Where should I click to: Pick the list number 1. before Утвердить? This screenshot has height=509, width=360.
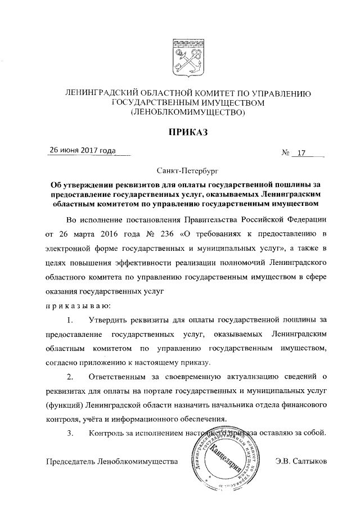[x=70, y=320]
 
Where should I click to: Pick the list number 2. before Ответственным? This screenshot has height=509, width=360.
[x=70, y=376]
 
